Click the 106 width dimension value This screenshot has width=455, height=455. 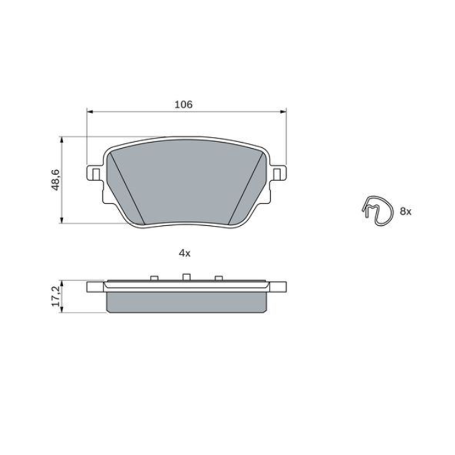coord(184,104)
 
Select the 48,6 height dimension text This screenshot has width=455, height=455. coord(56,180)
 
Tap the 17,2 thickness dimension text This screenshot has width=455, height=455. coord(56,296)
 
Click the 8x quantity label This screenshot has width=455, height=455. coord(405,211)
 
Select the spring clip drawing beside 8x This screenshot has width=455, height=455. coord(377,210)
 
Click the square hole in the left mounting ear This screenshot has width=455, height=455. coord(95,173)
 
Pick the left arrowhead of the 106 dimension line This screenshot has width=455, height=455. coord(89,111)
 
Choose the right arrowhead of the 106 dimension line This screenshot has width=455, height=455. coord(283,111)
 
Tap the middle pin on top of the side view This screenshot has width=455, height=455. coord(186,277)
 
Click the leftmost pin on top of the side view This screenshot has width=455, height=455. coord(153,278)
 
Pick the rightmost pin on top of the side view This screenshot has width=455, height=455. coord(218,278)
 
